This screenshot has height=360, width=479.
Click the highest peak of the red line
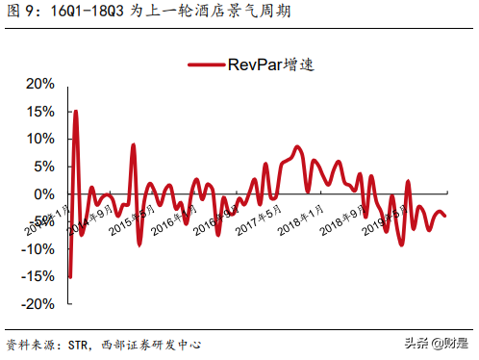coord(75,112)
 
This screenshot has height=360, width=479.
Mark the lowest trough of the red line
coord(69,277)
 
